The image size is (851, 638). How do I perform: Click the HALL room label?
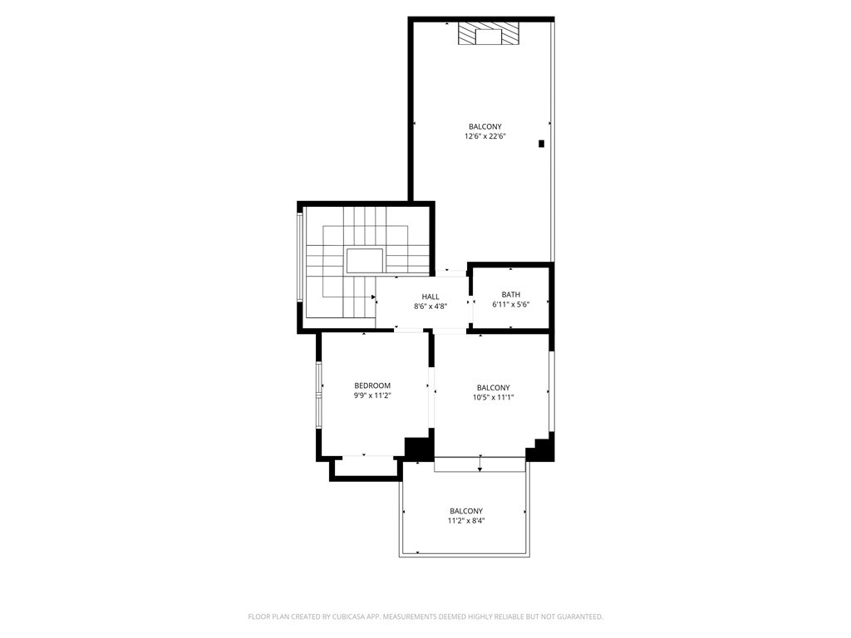pyautogui.click(x=430, y=297)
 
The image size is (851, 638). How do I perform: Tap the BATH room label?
pyautogui.click(x=511, y=295)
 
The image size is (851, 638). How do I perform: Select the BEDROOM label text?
pyautogui.click(x=372, y=385)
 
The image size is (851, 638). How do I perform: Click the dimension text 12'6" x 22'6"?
pyautogui.click(x=485, y=136)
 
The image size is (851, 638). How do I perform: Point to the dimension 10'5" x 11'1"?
pyautogui.click(x=494, y=397)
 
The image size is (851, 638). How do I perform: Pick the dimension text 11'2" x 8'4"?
pyautogui.click(x=466, y=521)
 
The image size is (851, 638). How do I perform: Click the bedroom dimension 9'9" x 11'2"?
pyautogui.click(x=372, y=395)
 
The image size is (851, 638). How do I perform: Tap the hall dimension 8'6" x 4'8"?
pyautogui.click(x=430, y=306)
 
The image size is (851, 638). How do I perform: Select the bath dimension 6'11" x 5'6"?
pyautogui.click(x=511, y=304)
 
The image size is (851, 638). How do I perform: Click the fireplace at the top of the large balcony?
pyautogui.click(x=489, y=33)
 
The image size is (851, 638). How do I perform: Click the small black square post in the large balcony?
pyautogui.click(x=541, y=144)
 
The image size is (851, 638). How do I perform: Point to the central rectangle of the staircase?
pyautogui.click(x=365, y=261)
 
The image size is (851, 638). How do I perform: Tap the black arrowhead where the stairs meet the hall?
pyautogui.click(x=373, y=297)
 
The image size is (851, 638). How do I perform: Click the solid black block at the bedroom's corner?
pyautogui.click(x=419, y=448)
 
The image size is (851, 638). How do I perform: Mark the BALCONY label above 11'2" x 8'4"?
pyautogui.click(x=466, y=511)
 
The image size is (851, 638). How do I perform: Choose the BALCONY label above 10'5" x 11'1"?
pyautogui.click(x=494, y=388)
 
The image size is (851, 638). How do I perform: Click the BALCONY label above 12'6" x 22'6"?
pyautogui.click(x=485, y=127)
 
